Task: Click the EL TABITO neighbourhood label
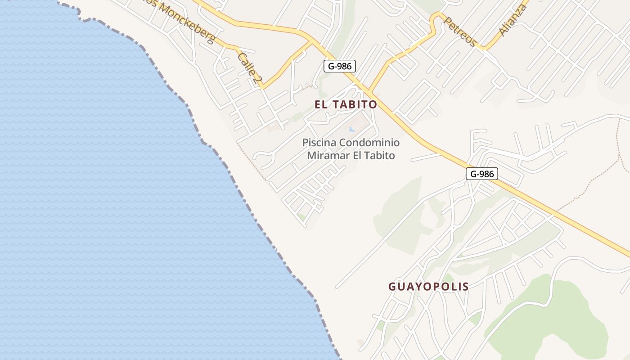click(346, 104)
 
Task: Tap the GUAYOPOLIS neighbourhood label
click(428, 286)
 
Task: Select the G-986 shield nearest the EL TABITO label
click(340, 66)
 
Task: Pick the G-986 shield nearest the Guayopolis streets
click(481, 174)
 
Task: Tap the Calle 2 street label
click(250, 68)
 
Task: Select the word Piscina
click(319, 143)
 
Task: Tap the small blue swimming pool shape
click(351, 130)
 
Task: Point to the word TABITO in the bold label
click(355, 104)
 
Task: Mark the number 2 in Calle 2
click(257, 80)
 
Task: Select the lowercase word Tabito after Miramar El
click(380, 156)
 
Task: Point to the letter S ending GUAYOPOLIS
click(465, 286)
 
